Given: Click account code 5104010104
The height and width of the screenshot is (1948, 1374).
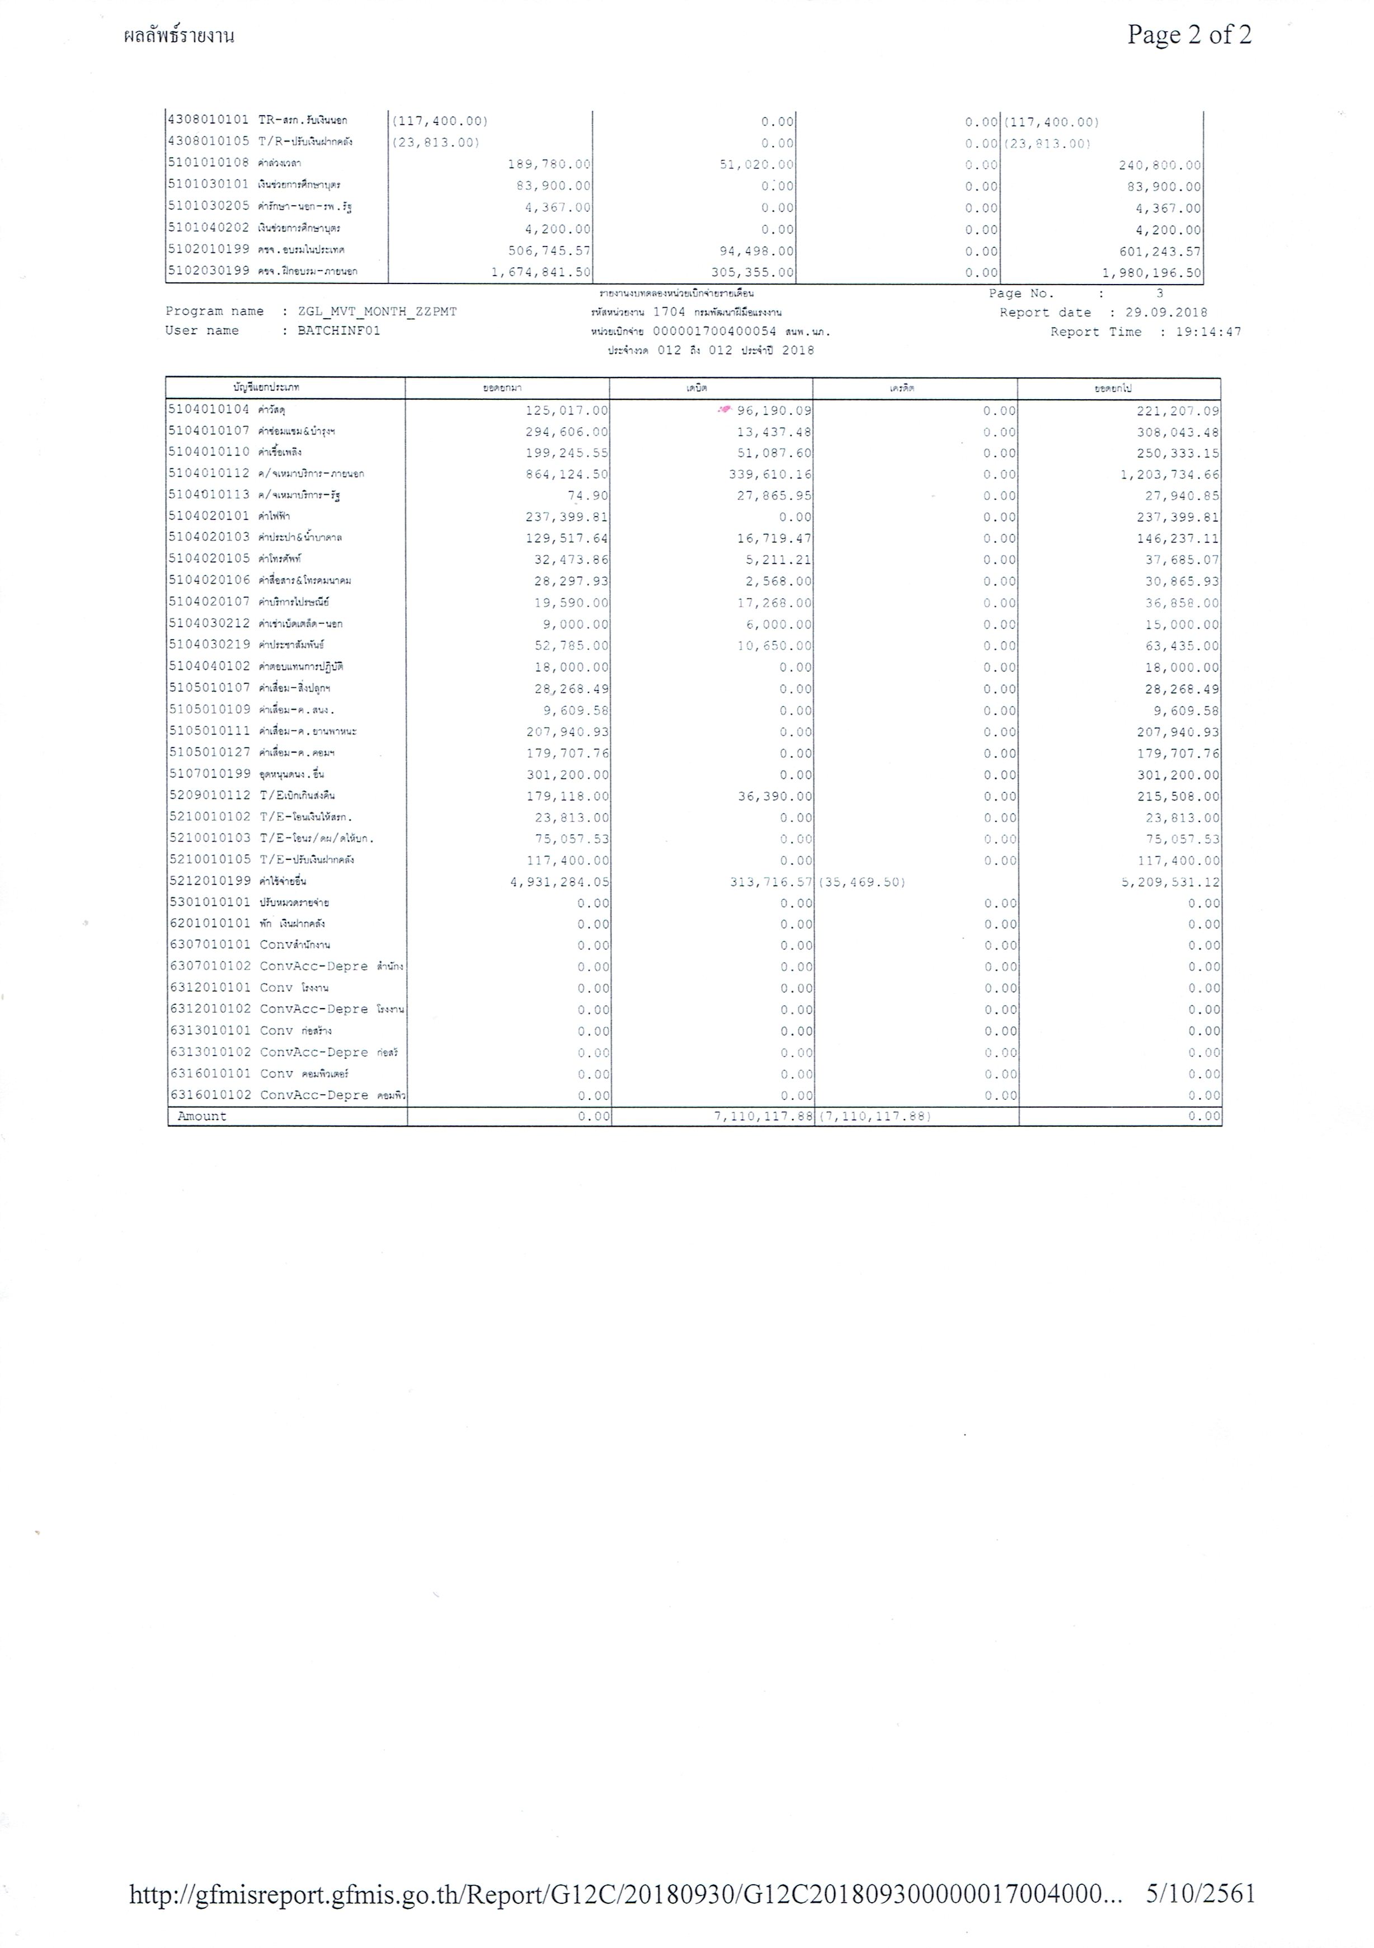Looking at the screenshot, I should click(209, 410).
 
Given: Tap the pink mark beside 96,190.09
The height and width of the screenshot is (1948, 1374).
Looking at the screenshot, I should click(724, 409).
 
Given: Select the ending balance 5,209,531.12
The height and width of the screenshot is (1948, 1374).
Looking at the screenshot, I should click(1169, 882).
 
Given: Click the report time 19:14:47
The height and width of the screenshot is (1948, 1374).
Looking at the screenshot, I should click(1208, 332).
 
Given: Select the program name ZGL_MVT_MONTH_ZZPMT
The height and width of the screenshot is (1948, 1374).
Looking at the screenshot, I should click(378, 311).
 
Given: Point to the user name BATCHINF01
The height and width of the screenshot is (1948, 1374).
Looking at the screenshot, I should click(338, 331).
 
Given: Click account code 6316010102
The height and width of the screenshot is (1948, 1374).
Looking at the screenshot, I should click(210, 1095).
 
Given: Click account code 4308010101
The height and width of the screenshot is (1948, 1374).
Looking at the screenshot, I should click(209, 120).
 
